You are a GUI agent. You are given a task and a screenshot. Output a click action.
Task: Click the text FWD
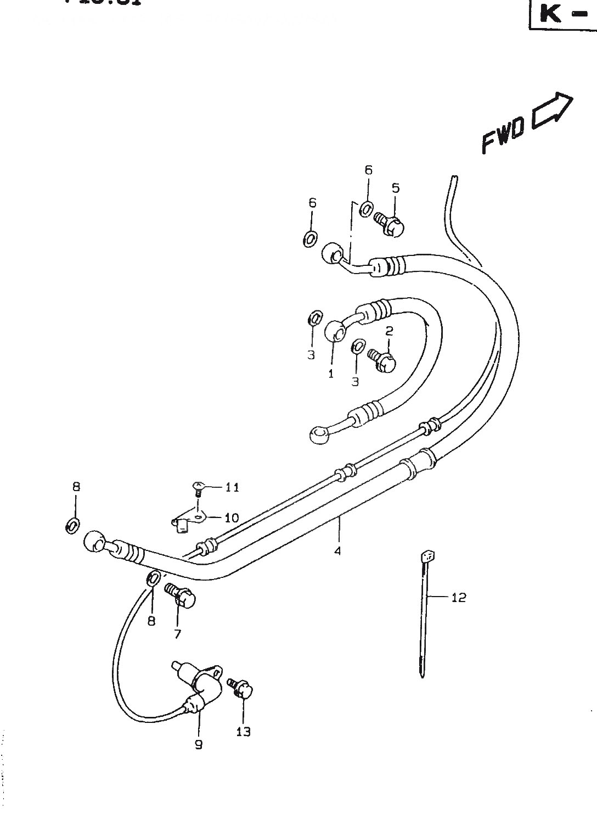[503, 135]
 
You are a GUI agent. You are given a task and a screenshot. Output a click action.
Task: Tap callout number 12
[458, 597]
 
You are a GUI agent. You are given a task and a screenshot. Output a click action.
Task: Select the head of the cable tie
[427, 556]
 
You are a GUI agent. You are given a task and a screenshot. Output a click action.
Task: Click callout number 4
[337, 550]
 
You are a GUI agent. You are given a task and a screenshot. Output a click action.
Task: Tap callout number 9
[199, 744]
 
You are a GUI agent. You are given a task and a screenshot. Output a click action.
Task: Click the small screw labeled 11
[198, 487]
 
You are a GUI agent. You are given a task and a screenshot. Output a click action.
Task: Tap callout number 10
[232, 517]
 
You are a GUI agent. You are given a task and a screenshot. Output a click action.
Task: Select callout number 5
[395, 188]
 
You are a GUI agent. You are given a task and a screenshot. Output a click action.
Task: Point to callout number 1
[331, 374]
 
